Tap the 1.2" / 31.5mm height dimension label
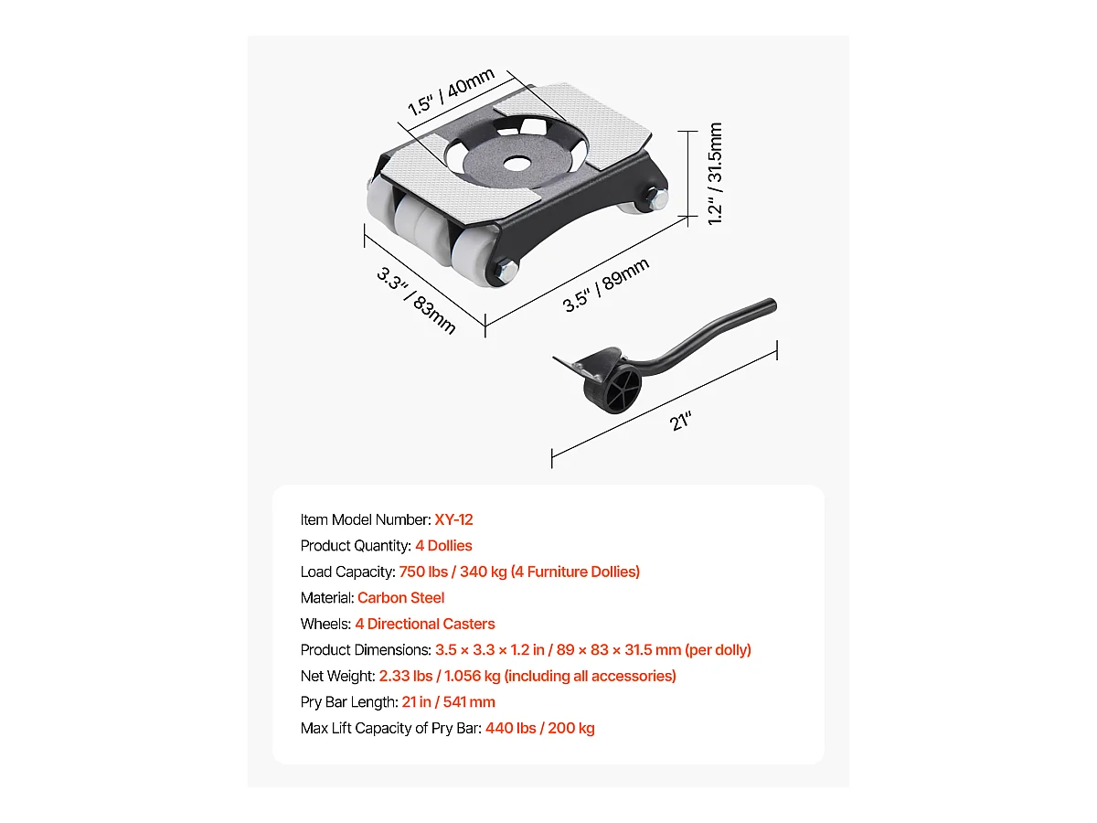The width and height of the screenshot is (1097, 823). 716,174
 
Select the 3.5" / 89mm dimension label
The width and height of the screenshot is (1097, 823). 606,285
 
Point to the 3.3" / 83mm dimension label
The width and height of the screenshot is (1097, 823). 416,300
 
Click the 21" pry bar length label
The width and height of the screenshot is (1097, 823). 679,421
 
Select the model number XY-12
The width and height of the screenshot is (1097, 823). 453,519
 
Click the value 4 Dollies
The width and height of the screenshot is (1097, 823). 443,546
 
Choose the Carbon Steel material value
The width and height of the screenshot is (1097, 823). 400,598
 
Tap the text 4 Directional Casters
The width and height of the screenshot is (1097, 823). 425,624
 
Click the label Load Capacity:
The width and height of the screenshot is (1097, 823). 347,572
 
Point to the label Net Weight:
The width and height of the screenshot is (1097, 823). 337,676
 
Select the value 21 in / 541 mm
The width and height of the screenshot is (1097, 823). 448,702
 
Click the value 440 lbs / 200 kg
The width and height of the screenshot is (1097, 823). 539,729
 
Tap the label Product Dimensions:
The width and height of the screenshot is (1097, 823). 365,650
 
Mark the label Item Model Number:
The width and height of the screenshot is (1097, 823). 366,519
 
